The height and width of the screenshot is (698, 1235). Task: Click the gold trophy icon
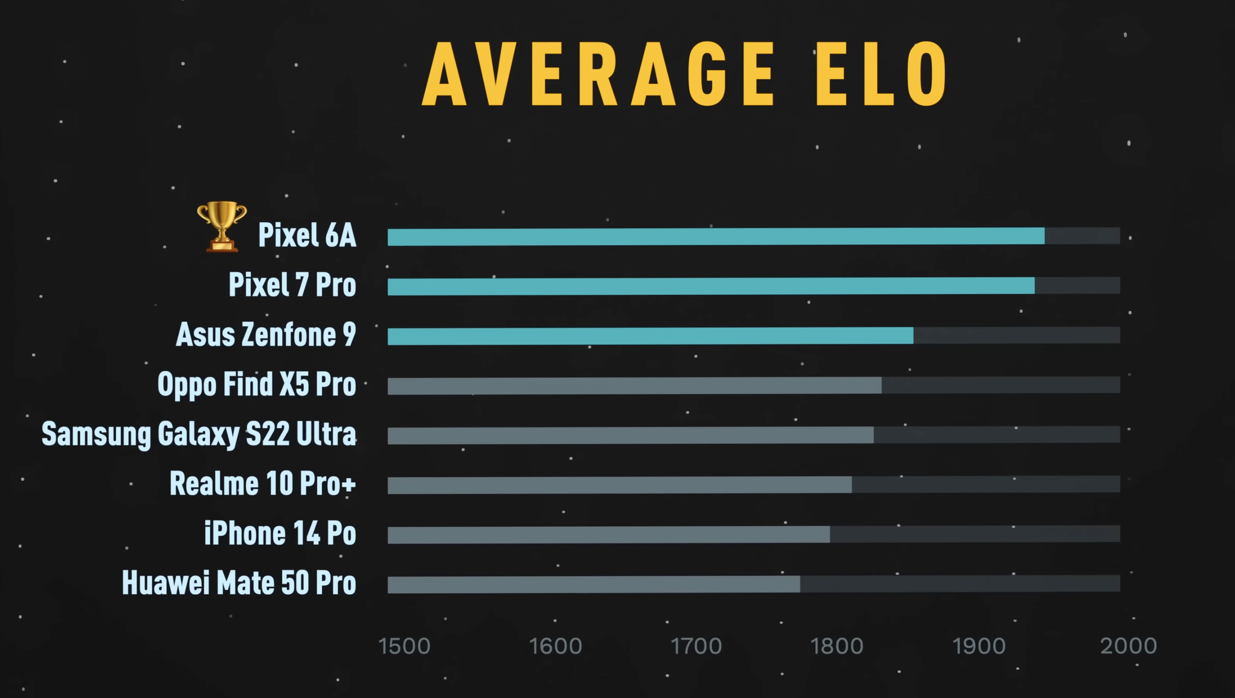pos(222,226)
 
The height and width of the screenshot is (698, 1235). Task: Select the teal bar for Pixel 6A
pos(716,237)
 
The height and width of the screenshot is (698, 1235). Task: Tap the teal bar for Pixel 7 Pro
pos(711,286)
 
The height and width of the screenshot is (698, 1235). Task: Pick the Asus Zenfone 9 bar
pos(650,336)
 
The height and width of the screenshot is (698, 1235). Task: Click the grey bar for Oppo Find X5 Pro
pos(634,386)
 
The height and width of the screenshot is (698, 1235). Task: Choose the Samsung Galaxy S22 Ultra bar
pos(630,435)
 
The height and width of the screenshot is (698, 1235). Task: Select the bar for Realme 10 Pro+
pos(619,485)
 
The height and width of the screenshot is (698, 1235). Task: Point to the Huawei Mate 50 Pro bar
pos(594,585)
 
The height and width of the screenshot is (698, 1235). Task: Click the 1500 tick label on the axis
pos(404,646)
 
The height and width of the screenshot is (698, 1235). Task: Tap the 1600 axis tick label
pos(555,646)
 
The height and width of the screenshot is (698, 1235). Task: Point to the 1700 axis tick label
pos(696,646)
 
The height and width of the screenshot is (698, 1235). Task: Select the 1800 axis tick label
pos(837,646)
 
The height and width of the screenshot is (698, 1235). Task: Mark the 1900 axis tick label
pos(979,646)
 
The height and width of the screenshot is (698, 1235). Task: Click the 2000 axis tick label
pos(1129,646)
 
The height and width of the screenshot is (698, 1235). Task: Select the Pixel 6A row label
pos(307,235)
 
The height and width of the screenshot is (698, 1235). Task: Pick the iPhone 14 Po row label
pos(280,534)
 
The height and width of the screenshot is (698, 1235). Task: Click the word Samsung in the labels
pos(96,434)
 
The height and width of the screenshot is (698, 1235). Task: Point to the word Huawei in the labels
pos(166,583)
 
